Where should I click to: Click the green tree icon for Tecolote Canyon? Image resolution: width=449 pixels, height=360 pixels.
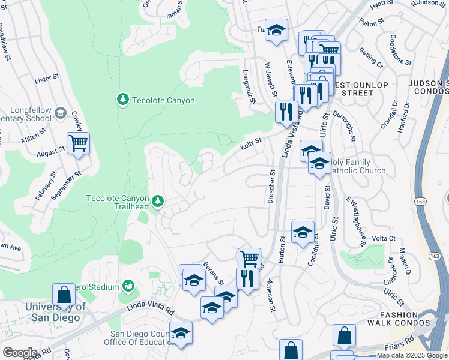click(x=123, y=98)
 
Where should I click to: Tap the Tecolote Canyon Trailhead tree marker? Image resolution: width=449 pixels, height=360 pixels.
click(x=158, y=201)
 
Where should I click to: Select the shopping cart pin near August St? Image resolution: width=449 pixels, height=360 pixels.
click(x=78, y=143)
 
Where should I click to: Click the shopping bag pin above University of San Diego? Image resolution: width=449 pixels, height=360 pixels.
click(x=64, y=295)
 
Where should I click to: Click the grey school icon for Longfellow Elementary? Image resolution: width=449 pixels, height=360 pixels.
click(x=60, y=113)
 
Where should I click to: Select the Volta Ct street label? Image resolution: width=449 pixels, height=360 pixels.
click(x=383, y=238)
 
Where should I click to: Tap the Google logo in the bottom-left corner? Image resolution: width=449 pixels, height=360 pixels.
click(x=20, y=352)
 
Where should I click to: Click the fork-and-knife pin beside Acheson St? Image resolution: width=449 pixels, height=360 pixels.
click(x=247, y=278)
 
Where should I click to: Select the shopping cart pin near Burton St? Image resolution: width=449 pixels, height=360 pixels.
click(x=249, y=259)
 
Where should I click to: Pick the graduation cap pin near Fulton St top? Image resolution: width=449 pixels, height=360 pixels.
click(x=276, y=30)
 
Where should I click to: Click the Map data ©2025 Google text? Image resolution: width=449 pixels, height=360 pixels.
click(x=412, y=356)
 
